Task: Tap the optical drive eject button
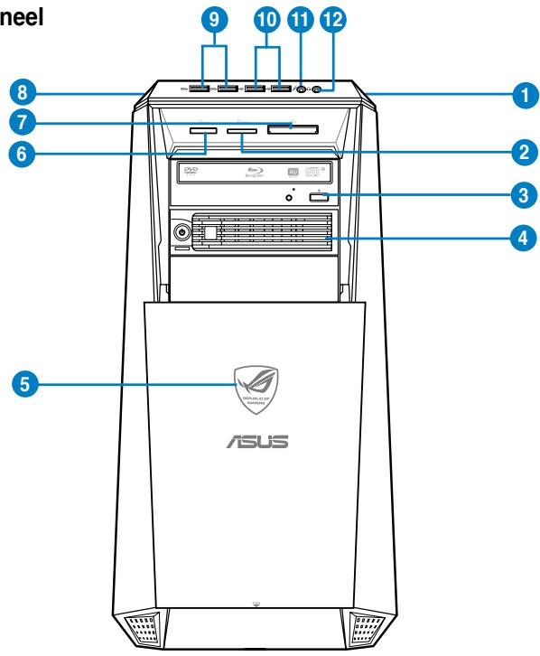(317, 199)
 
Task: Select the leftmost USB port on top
(200, 89)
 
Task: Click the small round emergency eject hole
(289, 196)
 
